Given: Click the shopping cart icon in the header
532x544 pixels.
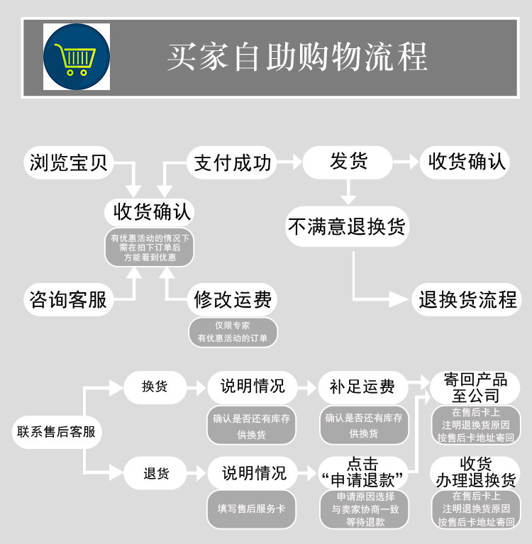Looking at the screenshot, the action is coord(77,57).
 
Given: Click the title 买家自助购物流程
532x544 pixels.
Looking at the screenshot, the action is coord(297,57).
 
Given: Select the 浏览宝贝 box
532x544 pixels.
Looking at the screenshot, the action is coord(69,162).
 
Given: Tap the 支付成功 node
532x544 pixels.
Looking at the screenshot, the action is coord(232,162).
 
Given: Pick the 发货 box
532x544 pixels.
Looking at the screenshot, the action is coord(348,162).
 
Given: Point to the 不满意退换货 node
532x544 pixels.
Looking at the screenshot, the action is coord(347,226).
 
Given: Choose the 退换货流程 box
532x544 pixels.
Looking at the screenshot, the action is coord(467,299).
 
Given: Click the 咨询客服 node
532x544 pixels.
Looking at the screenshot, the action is coord(69,299).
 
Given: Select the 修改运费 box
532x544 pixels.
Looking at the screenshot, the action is coord(232,299).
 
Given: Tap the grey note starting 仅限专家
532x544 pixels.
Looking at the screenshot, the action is coord(233,332).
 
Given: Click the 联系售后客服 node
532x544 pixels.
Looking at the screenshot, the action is coord(57,432).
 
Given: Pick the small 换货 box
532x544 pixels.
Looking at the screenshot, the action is coord(155,387).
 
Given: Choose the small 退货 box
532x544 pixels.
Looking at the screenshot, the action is coord(155,473).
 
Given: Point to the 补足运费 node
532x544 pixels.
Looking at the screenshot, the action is coord(362,387).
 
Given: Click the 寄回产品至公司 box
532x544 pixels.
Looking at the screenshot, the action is coord(475,387).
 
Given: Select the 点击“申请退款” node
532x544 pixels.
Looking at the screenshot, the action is coord(362,473).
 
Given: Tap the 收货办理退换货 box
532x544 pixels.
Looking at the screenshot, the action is coord(475,473).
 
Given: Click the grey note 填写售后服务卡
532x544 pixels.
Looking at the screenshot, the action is coord(251,509).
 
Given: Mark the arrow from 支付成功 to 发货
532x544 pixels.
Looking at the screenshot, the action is coord(289,162).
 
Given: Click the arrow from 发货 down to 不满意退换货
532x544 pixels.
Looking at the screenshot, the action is coord(348,192).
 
